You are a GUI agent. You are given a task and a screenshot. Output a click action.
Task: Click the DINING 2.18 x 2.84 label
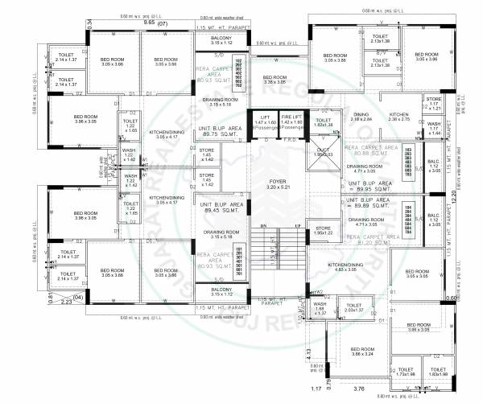[361, 117]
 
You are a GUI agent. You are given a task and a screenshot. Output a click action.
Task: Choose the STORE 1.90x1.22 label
[324, 230]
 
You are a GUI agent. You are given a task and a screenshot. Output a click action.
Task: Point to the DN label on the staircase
[263, 226]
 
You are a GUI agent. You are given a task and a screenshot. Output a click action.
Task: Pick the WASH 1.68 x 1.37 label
[320, 308]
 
